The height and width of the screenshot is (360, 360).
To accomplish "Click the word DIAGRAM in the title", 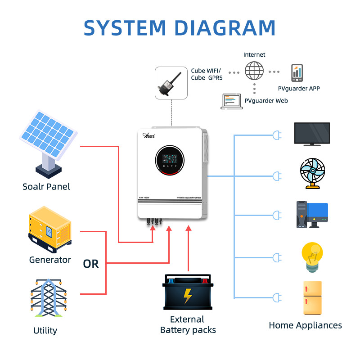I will click(225, 28).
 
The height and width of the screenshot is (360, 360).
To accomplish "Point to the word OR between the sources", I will click(90, 264).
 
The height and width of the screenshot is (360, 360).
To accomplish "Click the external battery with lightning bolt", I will click(188, 292).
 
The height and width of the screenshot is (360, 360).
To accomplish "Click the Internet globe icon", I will click(254, 71).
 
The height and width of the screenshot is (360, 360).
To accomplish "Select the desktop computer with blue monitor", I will click(311, 214).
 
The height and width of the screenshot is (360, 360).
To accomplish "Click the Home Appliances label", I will click(305, 325).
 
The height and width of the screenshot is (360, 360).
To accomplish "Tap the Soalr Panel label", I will click(46, 186).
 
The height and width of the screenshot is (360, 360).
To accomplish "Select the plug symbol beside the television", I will click(276, 135).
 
